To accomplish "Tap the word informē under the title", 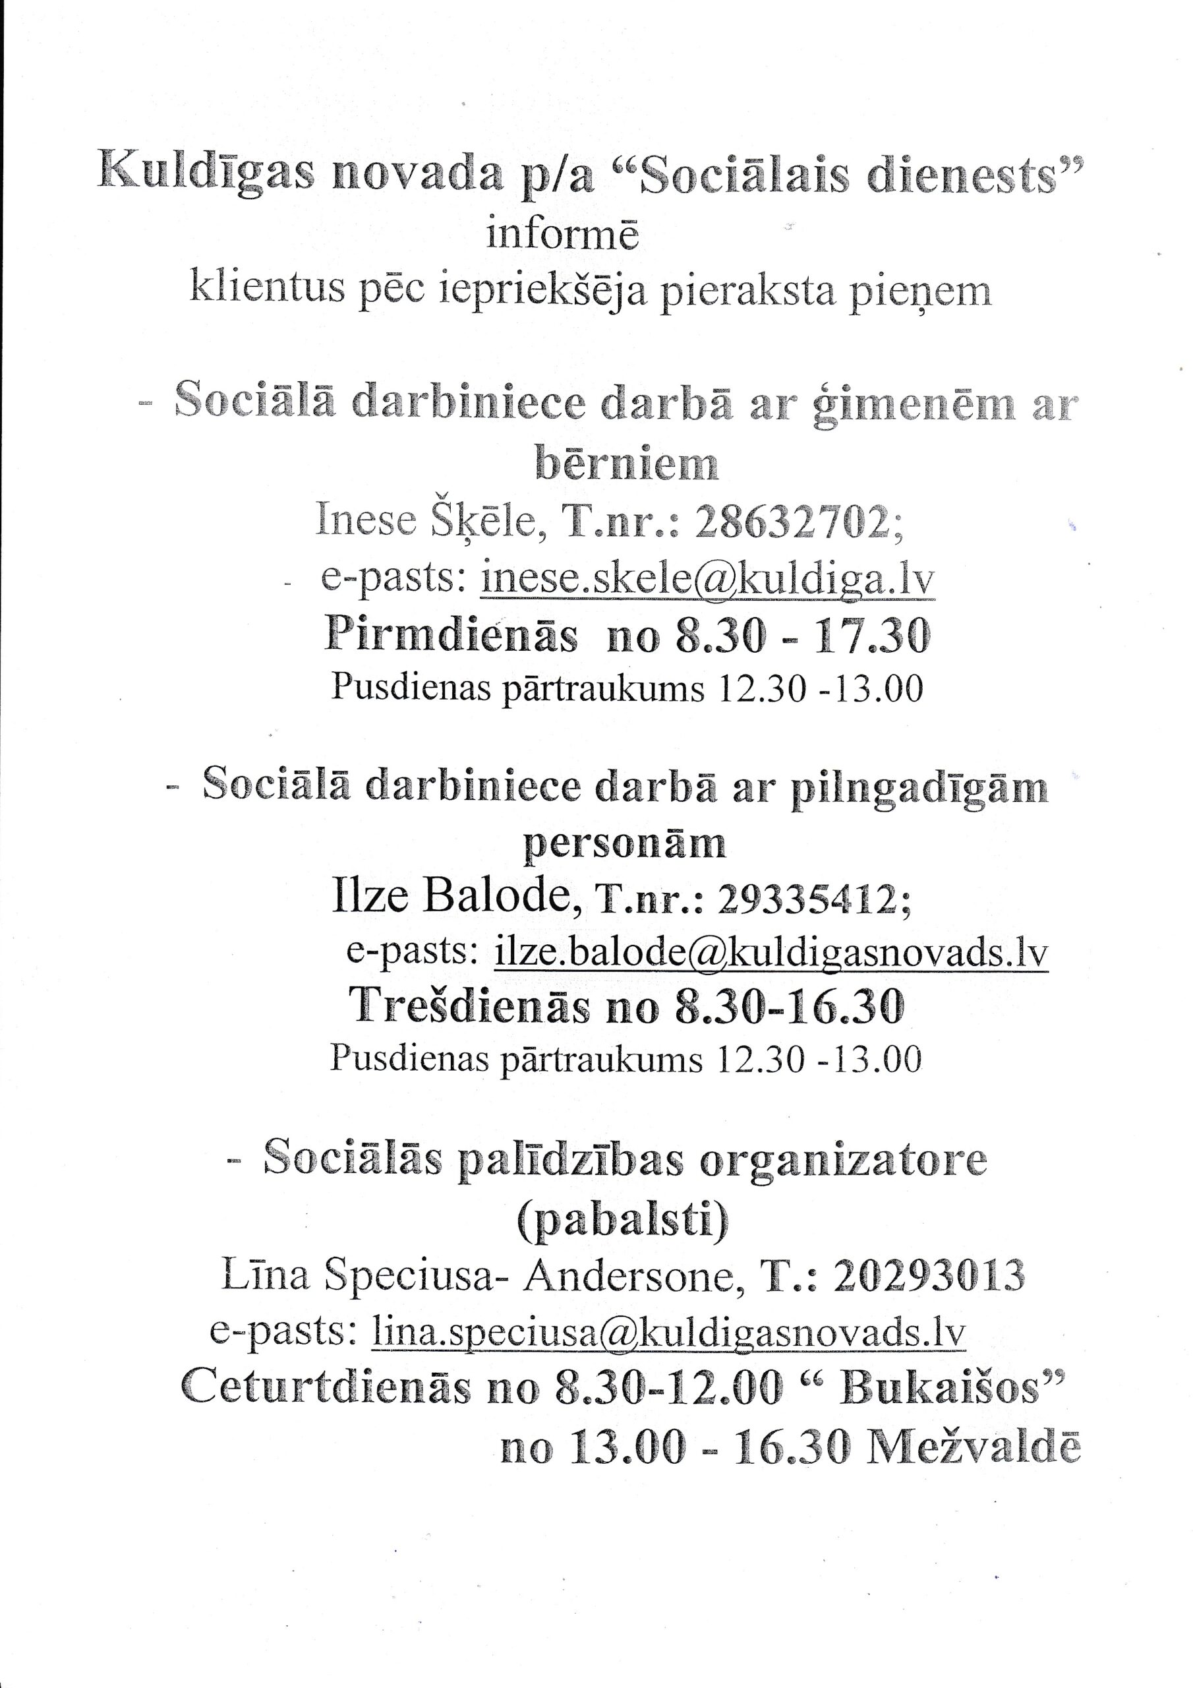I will click(x=562, y=235).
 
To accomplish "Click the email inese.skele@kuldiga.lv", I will click(x=708, y=580).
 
